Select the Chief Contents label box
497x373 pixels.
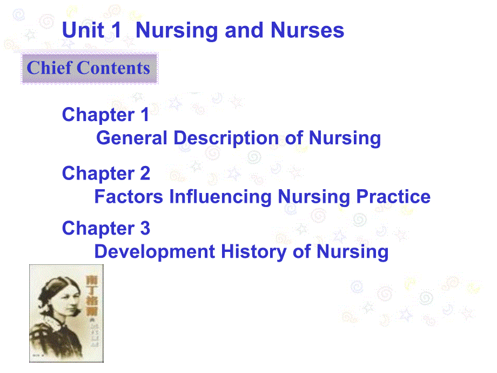pyautogui.click(x=89, y=69)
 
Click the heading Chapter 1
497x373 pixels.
pyautogui.click(x=105, y=115)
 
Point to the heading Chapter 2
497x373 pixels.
pyautogui.click(x=106, y=173)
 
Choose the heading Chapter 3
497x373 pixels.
pyautogui.click(x=106, y=228)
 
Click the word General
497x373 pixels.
pyautogui.click(x=132, y=138)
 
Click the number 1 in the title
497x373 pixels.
pyautogui.click(x=116, y=30)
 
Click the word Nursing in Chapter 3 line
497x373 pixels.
pyautogui.click(x=352, y=252)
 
